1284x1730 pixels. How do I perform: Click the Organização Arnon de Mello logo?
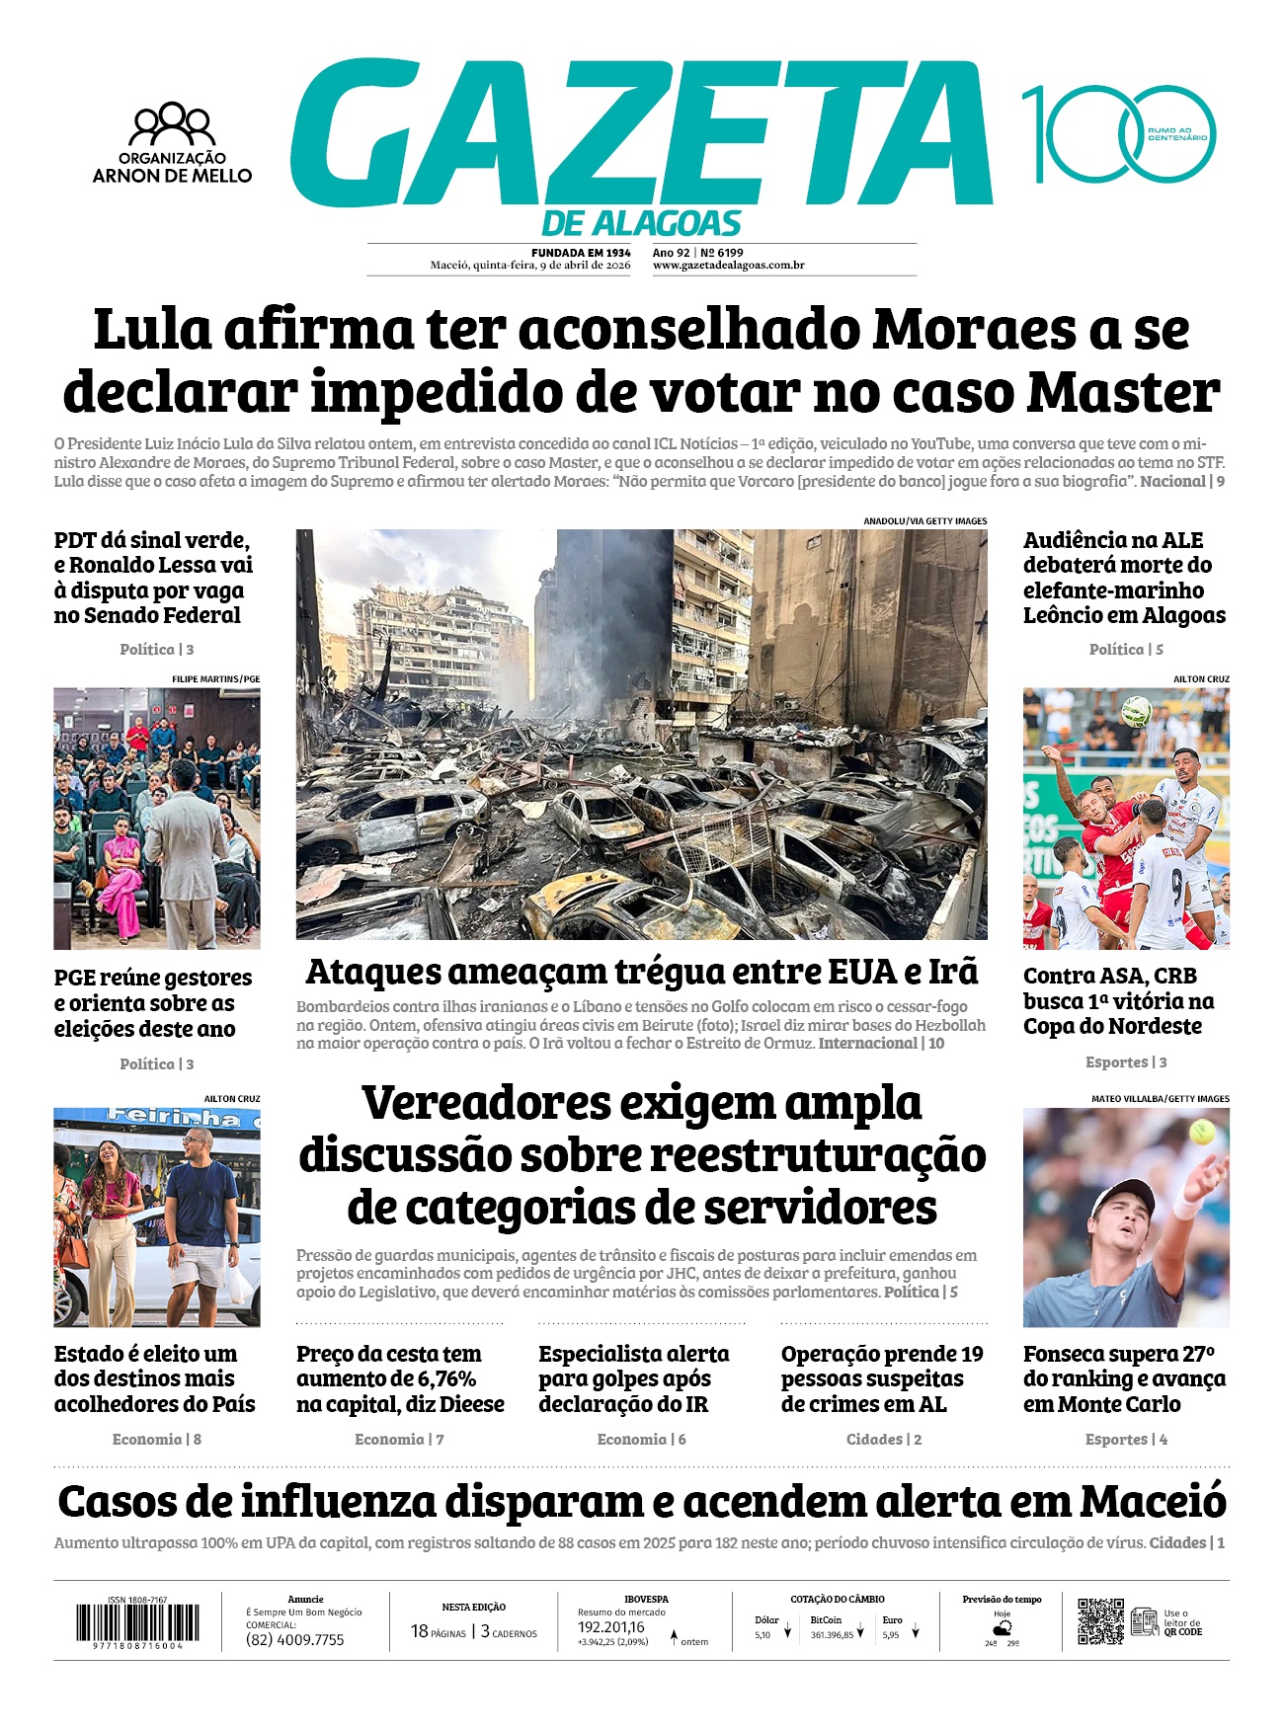[x=173, y=143]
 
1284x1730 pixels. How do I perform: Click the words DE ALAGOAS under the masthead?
[x=641, y=224]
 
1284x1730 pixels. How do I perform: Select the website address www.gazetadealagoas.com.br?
[x=728, y=266]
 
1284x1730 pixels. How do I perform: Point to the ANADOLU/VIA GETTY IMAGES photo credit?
[x=924, y=521]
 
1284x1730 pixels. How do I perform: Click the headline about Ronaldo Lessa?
[x=153, y=578]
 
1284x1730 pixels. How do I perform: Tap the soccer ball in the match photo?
[x=1137, y=710]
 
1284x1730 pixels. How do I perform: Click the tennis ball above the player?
[x=1202, y=1132]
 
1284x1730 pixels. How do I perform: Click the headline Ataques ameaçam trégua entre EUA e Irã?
[x=641, y=972]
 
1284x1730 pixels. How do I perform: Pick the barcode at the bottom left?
[x=137, y=1622]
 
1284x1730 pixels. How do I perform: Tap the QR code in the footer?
[x=1100, y=1621]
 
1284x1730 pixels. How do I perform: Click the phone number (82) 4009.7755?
[x=295, y=1640]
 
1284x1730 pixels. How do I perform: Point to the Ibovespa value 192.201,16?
[x=611, y=1627]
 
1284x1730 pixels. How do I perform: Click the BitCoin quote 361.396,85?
[x=832, y=1635]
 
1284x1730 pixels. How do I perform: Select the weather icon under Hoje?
[x=1002, y=1627]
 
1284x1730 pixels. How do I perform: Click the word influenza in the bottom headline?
[x=339, y=1503]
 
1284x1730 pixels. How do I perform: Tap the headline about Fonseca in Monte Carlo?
[x=1125, y=1378]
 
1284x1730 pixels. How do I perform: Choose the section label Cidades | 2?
[x=883, y=1440]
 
